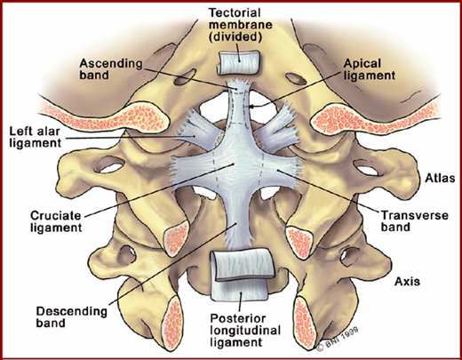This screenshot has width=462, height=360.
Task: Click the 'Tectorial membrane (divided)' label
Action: click(x=241, y=25)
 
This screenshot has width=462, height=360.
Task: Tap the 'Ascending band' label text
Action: click(x=111, y=69)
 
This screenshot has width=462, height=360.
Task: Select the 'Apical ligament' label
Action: click(x=370, y=69)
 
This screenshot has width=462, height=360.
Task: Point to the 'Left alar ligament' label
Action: click(x=35, y=137)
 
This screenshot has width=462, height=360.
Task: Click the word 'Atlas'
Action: click(x=440, y=178)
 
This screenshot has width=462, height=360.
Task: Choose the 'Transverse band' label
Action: click(x=414, y=220)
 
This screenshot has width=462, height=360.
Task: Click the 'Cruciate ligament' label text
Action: click(x=56, y=221)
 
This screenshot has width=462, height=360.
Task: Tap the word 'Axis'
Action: click(x=407, y=281)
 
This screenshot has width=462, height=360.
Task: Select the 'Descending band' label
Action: click(x=71, y=317)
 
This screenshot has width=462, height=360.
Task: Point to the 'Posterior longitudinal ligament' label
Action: click(x=245, y=331)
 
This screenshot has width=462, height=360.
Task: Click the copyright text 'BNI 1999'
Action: click(x=338, y=339)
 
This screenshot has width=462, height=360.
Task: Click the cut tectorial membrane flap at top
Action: click(x=239, y=62)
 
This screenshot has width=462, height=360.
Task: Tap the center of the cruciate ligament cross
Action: click(x=235, y=164)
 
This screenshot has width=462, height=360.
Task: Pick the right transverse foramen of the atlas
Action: click(x=367, y=168)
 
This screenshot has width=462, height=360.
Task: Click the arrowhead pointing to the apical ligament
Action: click(x=251, y=107)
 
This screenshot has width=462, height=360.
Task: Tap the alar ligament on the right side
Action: click(x=277, y=126)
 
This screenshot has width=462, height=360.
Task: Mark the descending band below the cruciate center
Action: click(x=236, y=220)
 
